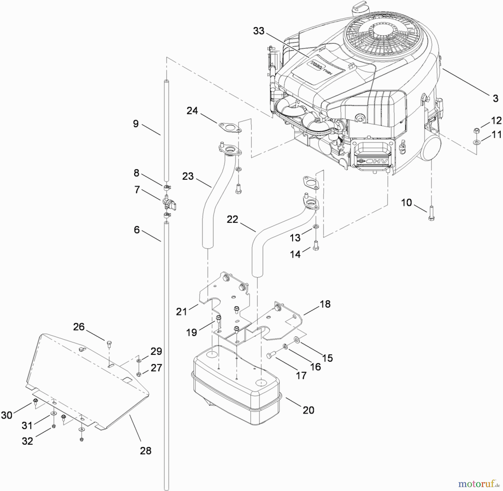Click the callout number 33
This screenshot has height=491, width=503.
[x=258, y=31]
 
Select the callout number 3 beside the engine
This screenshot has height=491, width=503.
[x=495, y=98]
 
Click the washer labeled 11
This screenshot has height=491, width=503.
[x=476, y=143]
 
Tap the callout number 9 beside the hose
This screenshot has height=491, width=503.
[x=136, y=124]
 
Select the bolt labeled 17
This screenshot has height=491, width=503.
[x=271, y=355]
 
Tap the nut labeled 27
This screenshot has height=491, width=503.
[x=139, y=374]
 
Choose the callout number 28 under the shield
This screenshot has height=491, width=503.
[x=146, y=451]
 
